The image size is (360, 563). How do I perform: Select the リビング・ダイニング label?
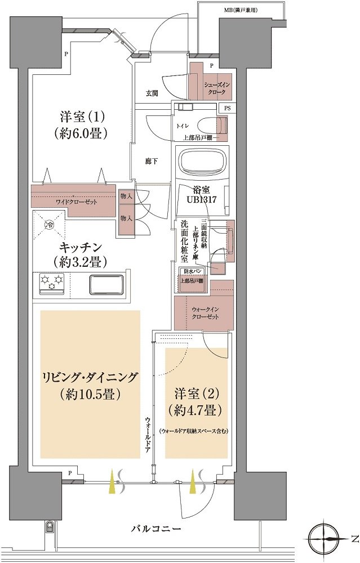[x=90, y=385]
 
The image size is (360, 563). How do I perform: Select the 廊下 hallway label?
[x=151, y=162]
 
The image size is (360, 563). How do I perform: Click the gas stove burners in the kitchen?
[x=51, y=283]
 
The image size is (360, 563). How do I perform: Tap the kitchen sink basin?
[x=106, y=284]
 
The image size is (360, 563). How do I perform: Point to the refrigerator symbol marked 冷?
[x=49, y=225]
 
